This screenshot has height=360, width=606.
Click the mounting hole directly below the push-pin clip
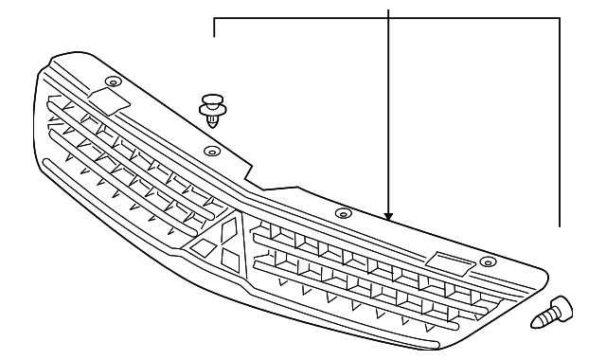(212, 150)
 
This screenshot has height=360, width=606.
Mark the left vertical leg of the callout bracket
(215, 27)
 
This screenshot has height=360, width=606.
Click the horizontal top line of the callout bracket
(388, 18)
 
